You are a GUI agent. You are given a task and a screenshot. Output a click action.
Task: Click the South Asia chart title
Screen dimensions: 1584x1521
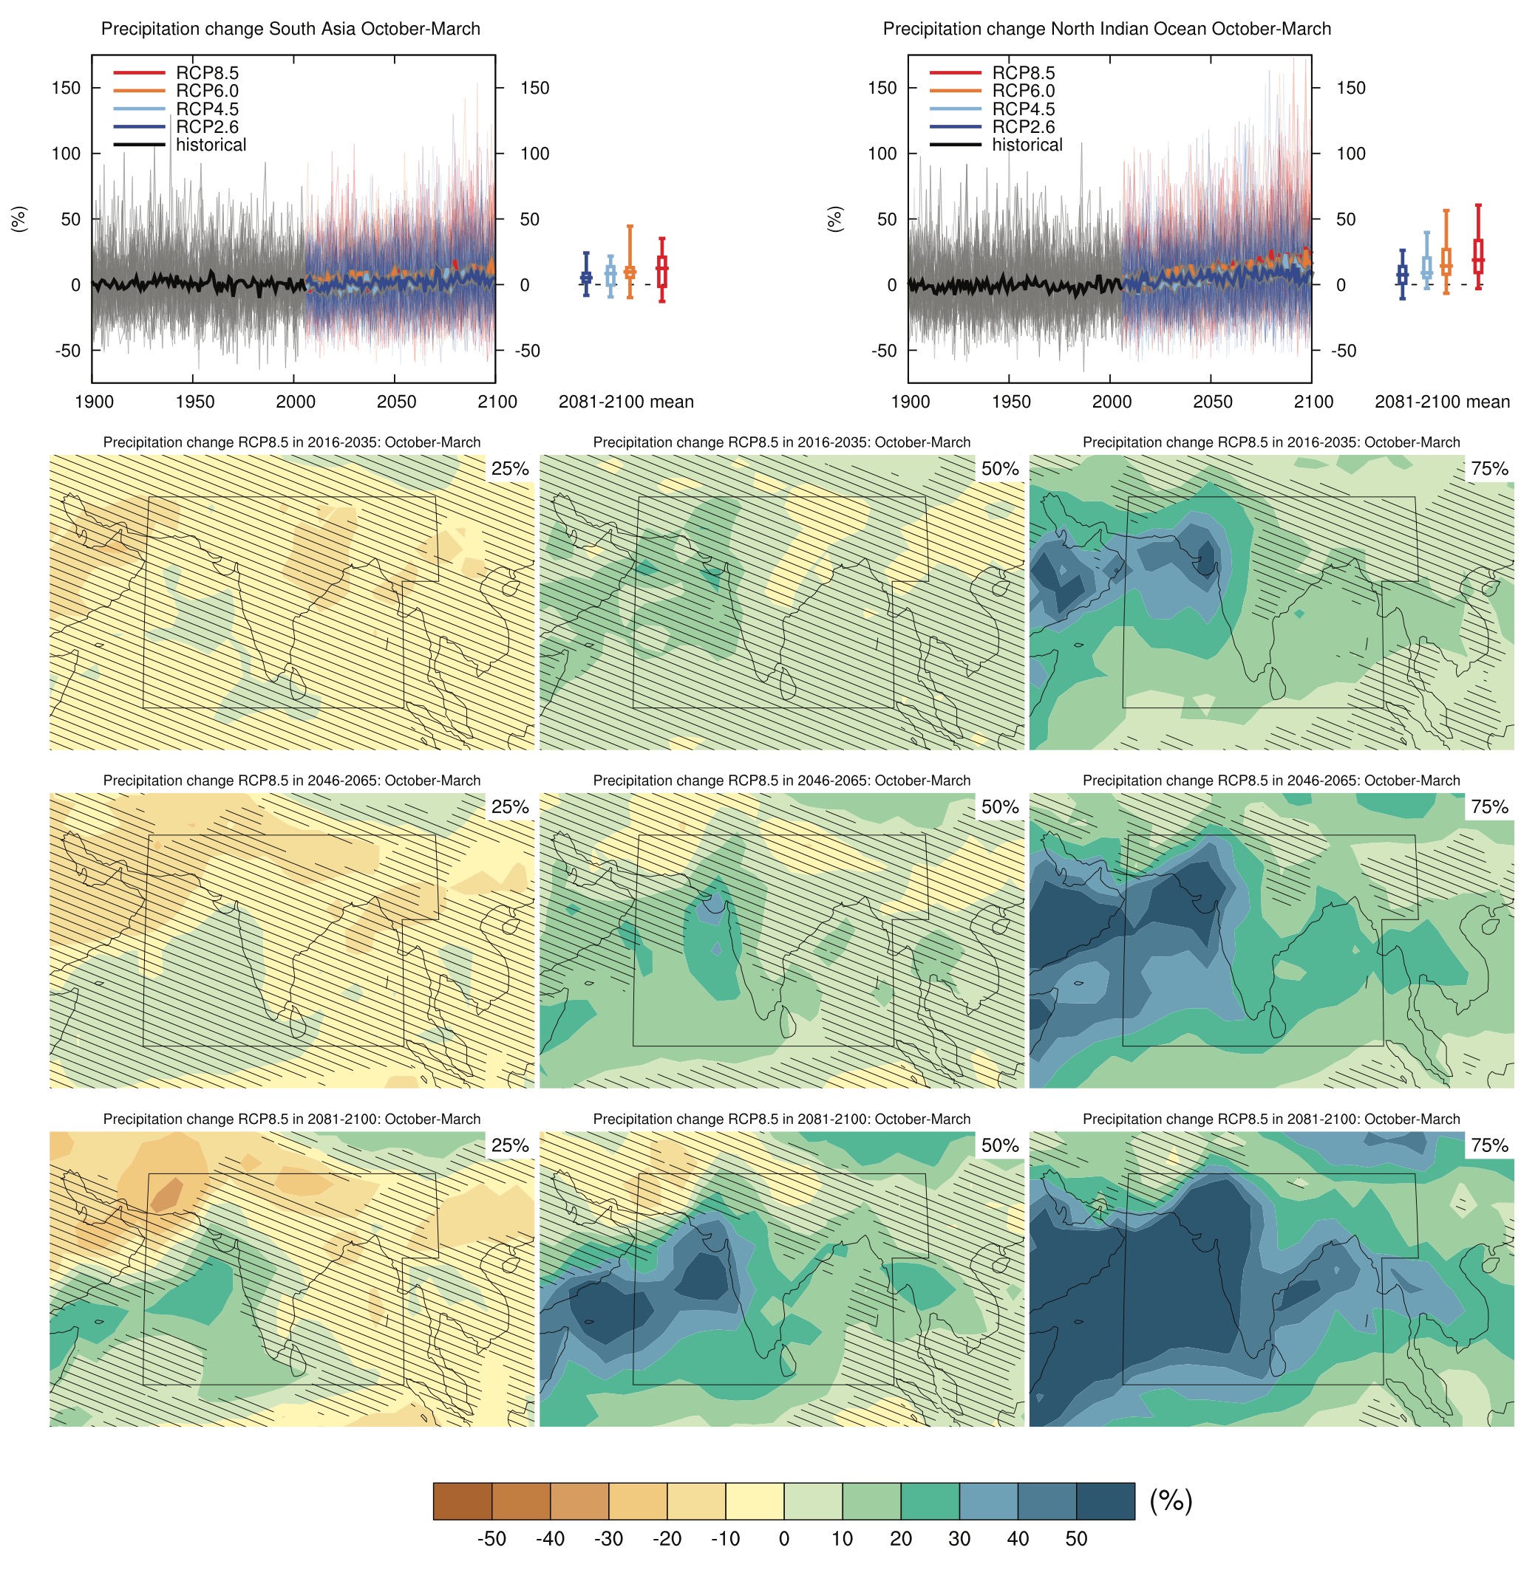pos(290,29)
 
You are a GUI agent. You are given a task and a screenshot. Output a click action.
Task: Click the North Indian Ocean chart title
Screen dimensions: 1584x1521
pos(1106,29)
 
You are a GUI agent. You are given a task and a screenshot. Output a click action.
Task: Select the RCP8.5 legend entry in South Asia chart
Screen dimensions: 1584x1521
pos(207,72)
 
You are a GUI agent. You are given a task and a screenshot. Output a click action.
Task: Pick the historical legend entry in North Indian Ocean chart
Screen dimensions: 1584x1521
pos(1027,145)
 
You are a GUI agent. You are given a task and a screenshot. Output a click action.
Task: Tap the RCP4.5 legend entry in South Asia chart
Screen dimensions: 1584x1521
pos(207,109)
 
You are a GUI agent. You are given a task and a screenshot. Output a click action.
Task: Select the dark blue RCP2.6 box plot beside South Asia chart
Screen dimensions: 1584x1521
pos(586,277)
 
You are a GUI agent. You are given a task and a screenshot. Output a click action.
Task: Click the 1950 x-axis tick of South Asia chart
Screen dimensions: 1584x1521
pos(194,402)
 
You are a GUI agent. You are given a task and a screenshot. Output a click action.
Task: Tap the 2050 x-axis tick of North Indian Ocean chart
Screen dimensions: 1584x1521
pos(1212,402)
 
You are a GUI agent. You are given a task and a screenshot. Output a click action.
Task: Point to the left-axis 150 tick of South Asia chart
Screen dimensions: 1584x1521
pos(66,87)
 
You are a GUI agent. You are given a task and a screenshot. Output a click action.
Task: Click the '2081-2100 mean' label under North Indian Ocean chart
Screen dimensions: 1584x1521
pos(1442,402)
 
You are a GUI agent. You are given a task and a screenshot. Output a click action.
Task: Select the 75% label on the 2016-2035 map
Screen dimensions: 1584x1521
pos(1489,469)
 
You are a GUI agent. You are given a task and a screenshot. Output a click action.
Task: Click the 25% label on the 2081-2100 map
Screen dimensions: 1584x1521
pos(510,1145)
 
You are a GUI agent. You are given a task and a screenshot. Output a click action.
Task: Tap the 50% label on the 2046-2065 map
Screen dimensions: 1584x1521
pos(1000,806)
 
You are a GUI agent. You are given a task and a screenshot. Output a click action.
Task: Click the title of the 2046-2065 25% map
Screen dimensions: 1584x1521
pos(291,781)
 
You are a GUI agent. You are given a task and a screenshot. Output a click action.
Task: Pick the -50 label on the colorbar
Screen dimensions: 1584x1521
pos(491,1538)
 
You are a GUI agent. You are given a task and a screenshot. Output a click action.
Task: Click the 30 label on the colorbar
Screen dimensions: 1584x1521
pos(959,1538)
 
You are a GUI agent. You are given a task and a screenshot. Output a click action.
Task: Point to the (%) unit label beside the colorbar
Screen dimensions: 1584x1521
pos(1170,1501)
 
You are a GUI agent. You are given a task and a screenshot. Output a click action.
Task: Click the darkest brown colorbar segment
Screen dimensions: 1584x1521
pos(463,1501)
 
